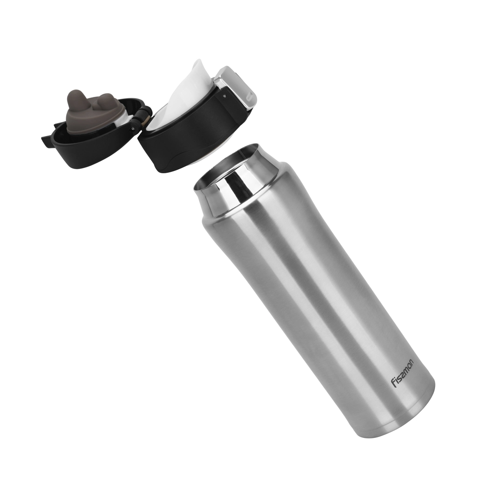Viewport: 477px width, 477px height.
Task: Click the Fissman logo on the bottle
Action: tap(402, 373)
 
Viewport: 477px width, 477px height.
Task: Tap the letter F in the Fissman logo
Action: tap(394, 385)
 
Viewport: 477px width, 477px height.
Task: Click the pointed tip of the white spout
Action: tap(198, 62)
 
